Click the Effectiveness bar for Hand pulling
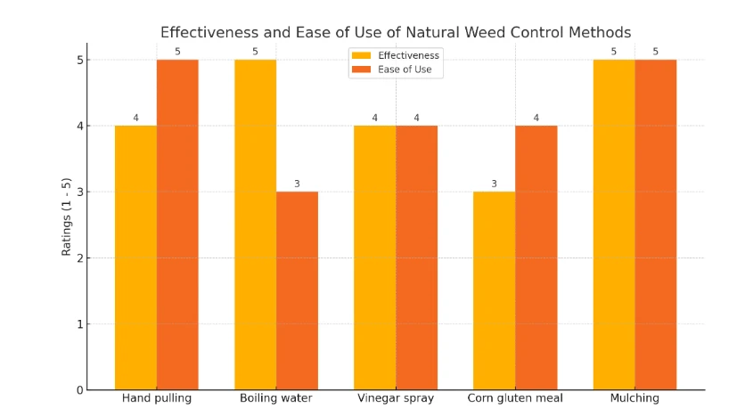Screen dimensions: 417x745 click(135, 258)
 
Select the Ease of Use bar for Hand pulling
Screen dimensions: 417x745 click(177, 225)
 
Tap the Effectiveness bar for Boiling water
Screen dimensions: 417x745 click(255, 225)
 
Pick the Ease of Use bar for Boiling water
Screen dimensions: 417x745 click(297, 290)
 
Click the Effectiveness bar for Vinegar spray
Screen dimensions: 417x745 click(374, 258)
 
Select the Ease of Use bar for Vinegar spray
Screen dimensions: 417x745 click(416, 258)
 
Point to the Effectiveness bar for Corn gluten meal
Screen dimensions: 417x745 click(494, 290)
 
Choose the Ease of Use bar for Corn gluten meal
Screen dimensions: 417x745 click(536, 258)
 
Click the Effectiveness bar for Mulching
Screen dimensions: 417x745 click(614, 225)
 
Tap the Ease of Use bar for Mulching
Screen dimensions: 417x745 click(655, 225)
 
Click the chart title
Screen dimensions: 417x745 click(396, 32)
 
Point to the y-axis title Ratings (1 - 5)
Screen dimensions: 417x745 click(67, 217)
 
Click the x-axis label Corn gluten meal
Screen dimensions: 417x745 click(515, 398)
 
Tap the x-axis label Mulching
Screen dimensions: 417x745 click(634, 398)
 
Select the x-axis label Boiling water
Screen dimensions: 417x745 click(276, 398)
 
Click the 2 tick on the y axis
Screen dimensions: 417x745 click(79, 258)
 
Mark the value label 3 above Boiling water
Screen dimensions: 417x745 click(297, 184)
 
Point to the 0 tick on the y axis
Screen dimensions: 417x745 click(79, 390)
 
